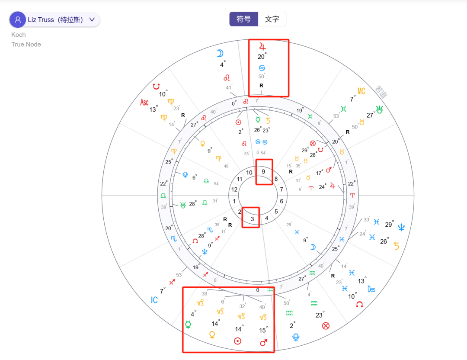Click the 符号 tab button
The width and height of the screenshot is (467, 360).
click(243, 19)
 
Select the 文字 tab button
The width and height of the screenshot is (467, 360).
click(272, 19)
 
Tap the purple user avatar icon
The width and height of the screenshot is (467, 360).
click(18, 20)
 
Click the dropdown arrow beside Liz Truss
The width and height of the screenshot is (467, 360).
click(92, 20)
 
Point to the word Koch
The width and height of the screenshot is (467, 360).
click(19, 35)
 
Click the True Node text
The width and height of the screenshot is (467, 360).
click(26, 44)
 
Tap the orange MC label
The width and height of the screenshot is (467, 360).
click(361, 91)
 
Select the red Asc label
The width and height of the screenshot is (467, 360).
click(144, 102)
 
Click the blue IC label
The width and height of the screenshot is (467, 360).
click(154, 300)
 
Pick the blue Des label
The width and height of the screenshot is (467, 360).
click(372, 289)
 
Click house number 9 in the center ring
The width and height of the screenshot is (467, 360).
click(263, 171)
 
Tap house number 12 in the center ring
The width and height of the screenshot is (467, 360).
click(234, 190)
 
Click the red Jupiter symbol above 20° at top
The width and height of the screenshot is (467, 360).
click(262, 46)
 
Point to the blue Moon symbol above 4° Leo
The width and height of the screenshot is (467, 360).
click(221, 54)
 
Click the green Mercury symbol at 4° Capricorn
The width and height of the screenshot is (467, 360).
click(188, 325)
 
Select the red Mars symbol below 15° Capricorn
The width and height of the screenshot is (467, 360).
click(264, 343)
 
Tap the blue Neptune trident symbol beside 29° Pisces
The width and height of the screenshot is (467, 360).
click(402, 227)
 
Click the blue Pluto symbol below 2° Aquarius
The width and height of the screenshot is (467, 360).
click(297, 337)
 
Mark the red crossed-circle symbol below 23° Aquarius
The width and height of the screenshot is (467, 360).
click(326, 326)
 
